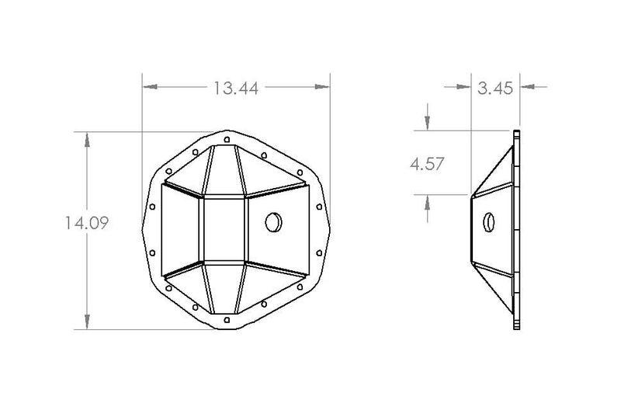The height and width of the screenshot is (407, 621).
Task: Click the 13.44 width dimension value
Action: [236, 88]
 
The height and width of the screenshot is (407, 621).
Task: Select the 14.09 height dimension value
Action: [87, 223]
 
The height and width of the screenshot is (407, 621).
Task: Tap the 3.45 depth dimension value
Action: [495, 88]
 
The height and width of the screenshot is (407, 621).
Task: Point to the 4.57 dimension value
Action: [427, 164]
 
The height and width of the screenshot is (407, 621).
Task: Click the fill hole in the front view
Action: [274, 222]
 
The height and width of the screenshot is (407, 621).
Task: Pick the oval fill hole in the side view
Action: [489, 222]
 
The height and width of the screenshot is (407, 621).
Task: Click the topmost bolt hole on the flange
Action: [227, 140]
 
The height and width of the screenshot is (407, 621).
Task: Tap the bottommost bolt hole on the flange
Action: [227, 320]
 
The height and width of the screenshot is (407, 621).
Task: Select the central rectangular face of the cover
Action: [225, 229]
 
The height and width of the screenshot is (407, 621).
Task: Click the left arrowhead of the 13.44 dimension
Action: [150, 86]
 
